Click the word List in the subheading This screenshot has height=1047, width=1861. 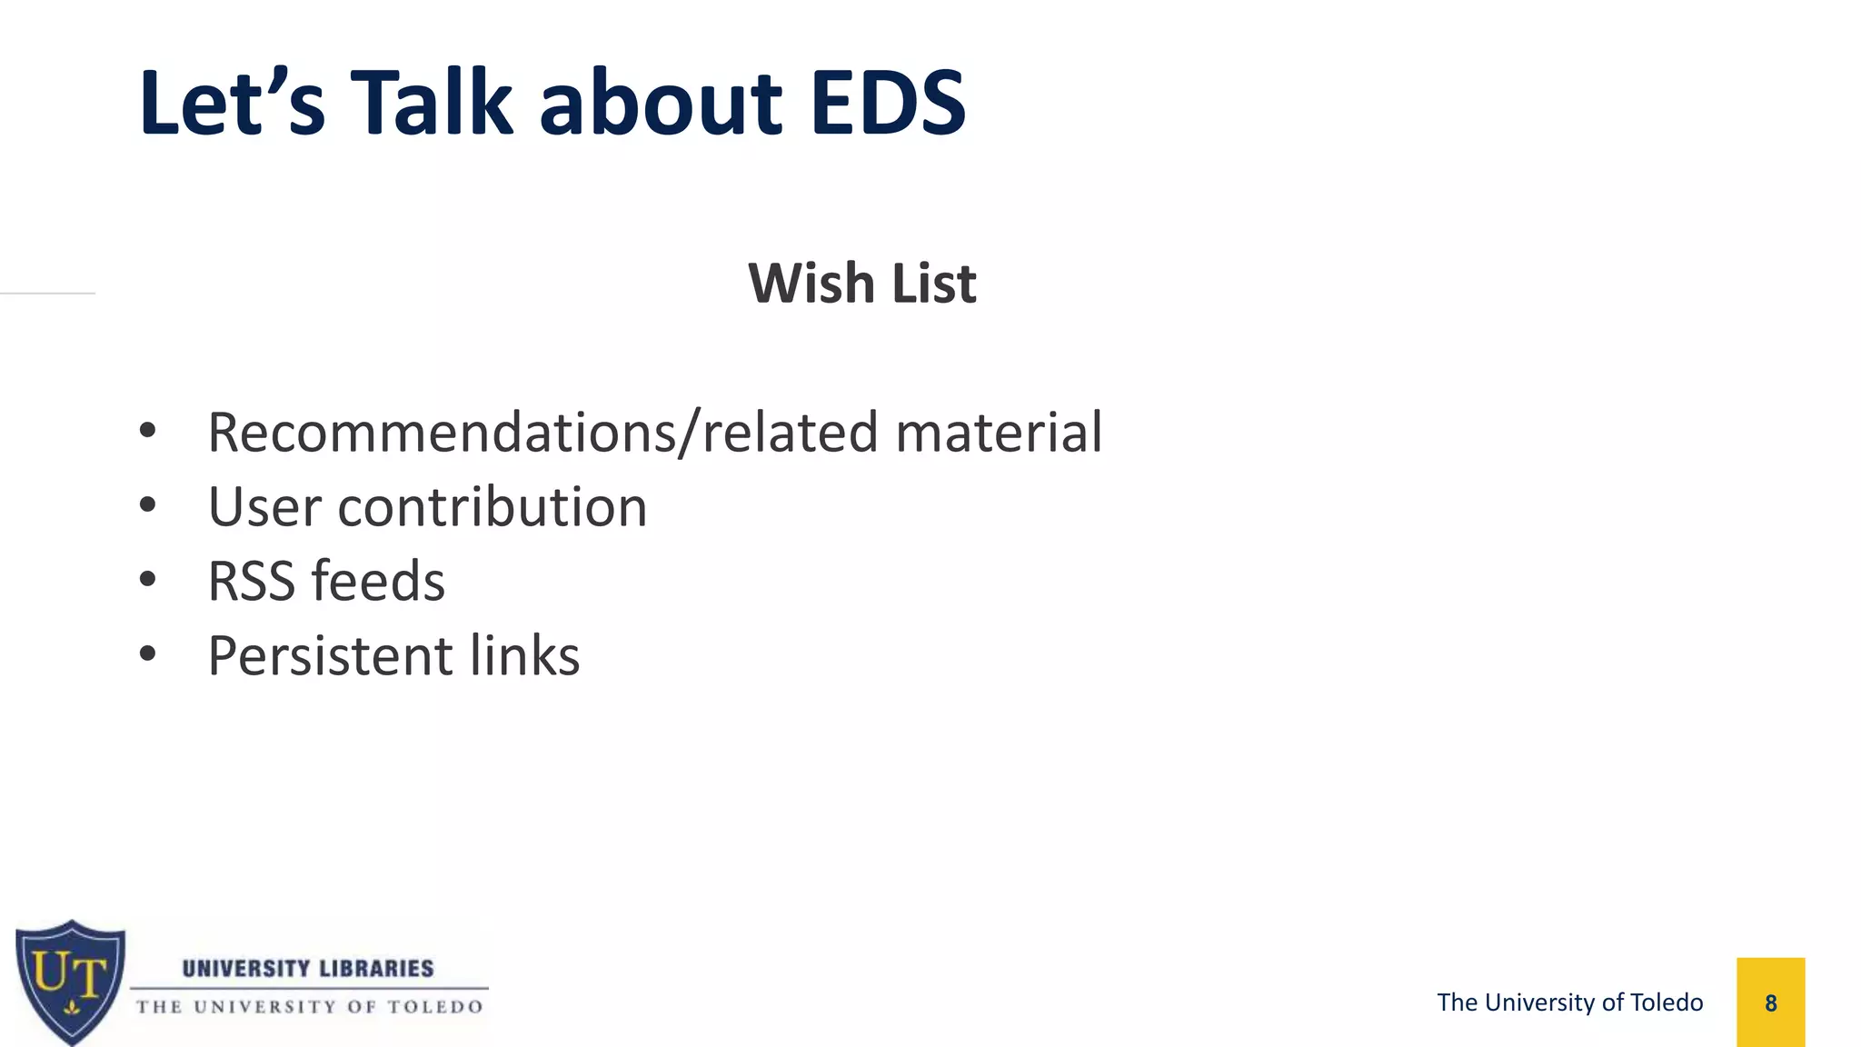[933, 284]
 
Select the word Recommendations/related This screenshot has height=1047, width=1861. [543, 433]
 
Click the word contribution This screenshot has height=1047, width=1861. [493, 507]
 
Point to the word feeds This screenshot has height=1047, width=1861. [378, 582]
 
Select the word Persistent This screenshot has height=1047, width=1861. [330, 656]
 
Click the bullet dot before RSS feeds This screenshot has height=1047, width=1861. [148, 579]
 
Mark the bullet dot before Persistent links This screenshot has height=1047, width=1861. [148, 653]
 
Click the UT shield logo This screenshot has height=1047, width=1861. [71, 982]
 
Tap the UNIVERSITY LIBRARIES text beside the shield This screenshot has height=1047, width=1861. [308, 969]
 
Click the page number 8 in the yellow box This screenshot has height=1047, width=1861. [1770, 1003]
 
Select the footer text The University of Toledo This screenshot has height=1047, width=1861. [1569, 1002]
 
